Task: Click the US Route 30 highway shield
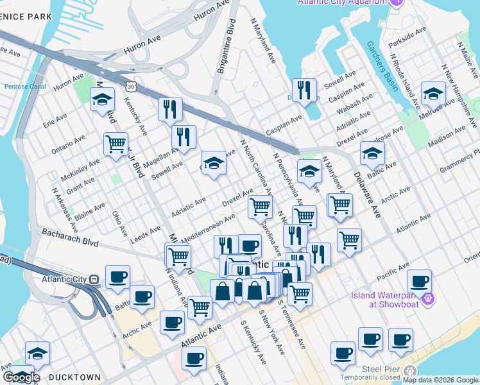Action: (131, 85)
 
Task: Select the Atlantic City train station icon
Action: (93, 280)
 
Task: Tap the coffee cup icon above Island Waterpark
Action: (419, 281)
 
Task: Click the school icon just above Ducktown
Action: (37, 353)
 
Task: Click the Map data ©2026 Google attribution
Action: (440, 380)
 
